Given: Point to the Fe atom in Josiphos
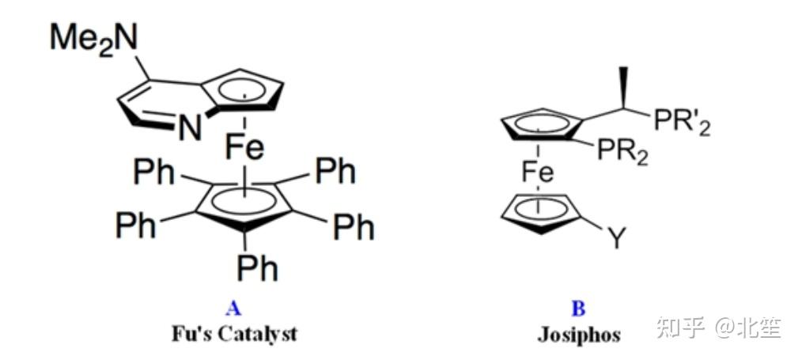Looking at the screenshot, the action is click(537, 170).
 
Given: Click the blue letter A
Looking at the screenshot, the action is click(233, 309).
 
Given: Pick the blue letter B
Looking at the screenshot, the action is click(578, 309).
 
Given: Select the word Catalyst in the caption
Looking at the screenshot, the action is click(257, 333).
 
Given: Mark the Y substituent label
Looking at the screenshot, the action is click(617, 237).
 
